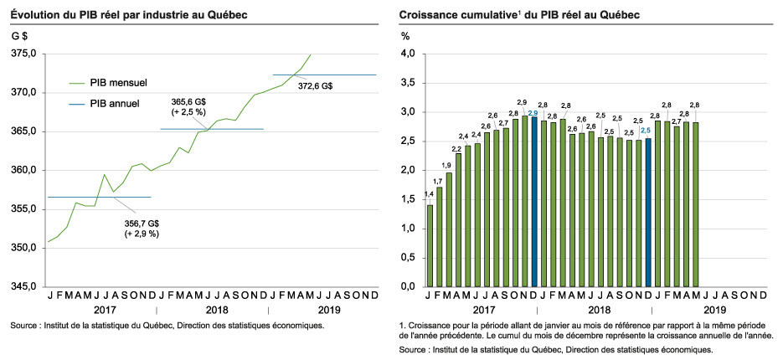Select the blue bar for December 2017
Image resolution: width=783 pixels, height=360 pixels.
click(534, 201)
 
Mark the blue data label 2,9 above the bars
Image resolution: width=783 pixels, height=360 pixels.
click(533, 113)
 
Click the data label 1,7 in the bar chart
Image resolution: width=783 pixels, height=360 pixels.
click(438, 182)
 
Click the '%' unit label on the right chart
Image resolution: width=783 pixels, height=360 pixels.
click(404, 36)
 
